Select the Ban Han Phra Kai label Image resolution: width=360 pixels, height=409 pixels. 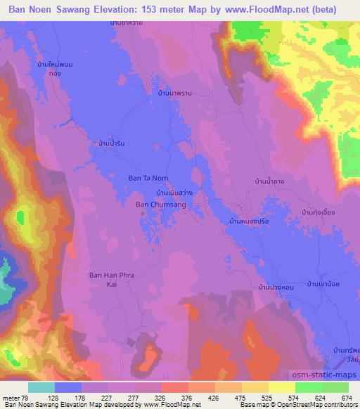pos(110,280)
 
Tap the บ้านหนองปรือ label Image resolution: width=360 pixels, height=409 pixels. pos(250,221)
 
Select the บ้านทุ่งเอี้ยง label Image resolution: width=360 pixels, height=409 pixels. pos(318,212)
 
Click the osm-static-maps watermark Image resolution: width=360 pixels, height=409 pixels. pos(324,376)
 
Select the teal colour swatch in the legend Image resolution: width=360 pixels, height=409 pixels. pos(41,387)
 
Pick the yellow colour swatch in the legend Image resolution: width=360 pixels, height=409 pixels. pos(255,387)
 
